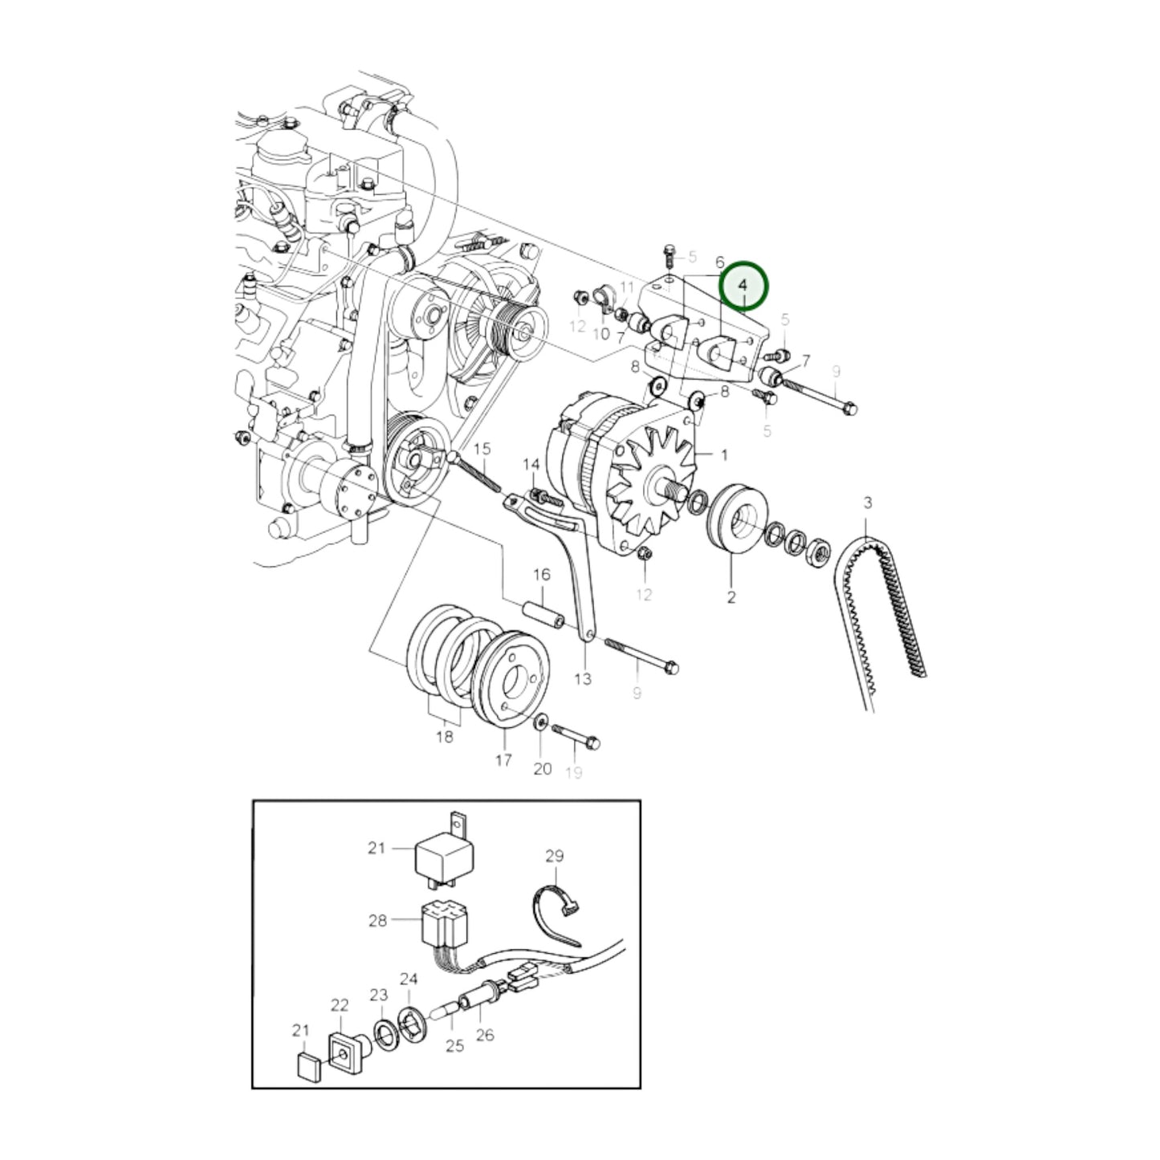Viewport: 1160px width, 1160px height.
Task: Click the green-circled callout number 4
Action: (x=743, y=285)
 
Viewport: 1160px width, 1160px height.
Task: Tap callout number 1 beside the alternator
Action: (x=724, y=455)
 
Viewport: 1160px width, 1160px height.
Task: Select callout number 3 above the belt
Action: (x=867, y=503)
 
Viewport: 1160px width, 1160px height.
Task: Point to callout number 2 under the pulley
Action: (x=731, y=597)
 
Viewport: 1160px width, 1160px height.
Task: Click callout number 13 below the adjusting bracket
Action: (x=583, y=679)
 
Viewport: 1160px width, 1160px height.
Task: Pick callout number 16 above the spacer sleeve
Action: (x=542, y=575)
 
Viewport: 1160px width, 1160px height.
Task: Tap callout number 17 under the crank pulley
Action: (x=503, y=759)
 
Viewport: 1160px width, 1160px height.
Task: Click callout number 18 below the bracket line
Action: (x=444, y=737)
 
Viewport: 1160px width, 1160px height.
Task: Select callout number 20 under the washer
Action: (x=543, y=768)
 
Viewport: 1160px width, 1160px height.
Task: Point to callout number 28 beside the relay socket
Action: (x=378, y=921)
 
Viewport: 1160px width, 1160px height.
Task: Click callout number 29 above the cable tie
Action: (x=555, y=857)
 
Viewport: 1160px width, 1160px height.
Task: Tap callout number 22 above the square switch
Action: (x=340, y=1006)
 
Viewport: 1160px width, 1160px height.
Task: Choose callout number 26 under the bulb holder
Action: (x=485, y=1035)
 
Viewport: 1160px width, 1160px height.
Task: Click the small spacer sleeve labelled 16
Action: (x=542, y=613)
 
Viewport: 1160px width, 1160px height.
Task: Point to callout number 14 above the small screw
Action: (x=531, y=465)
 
